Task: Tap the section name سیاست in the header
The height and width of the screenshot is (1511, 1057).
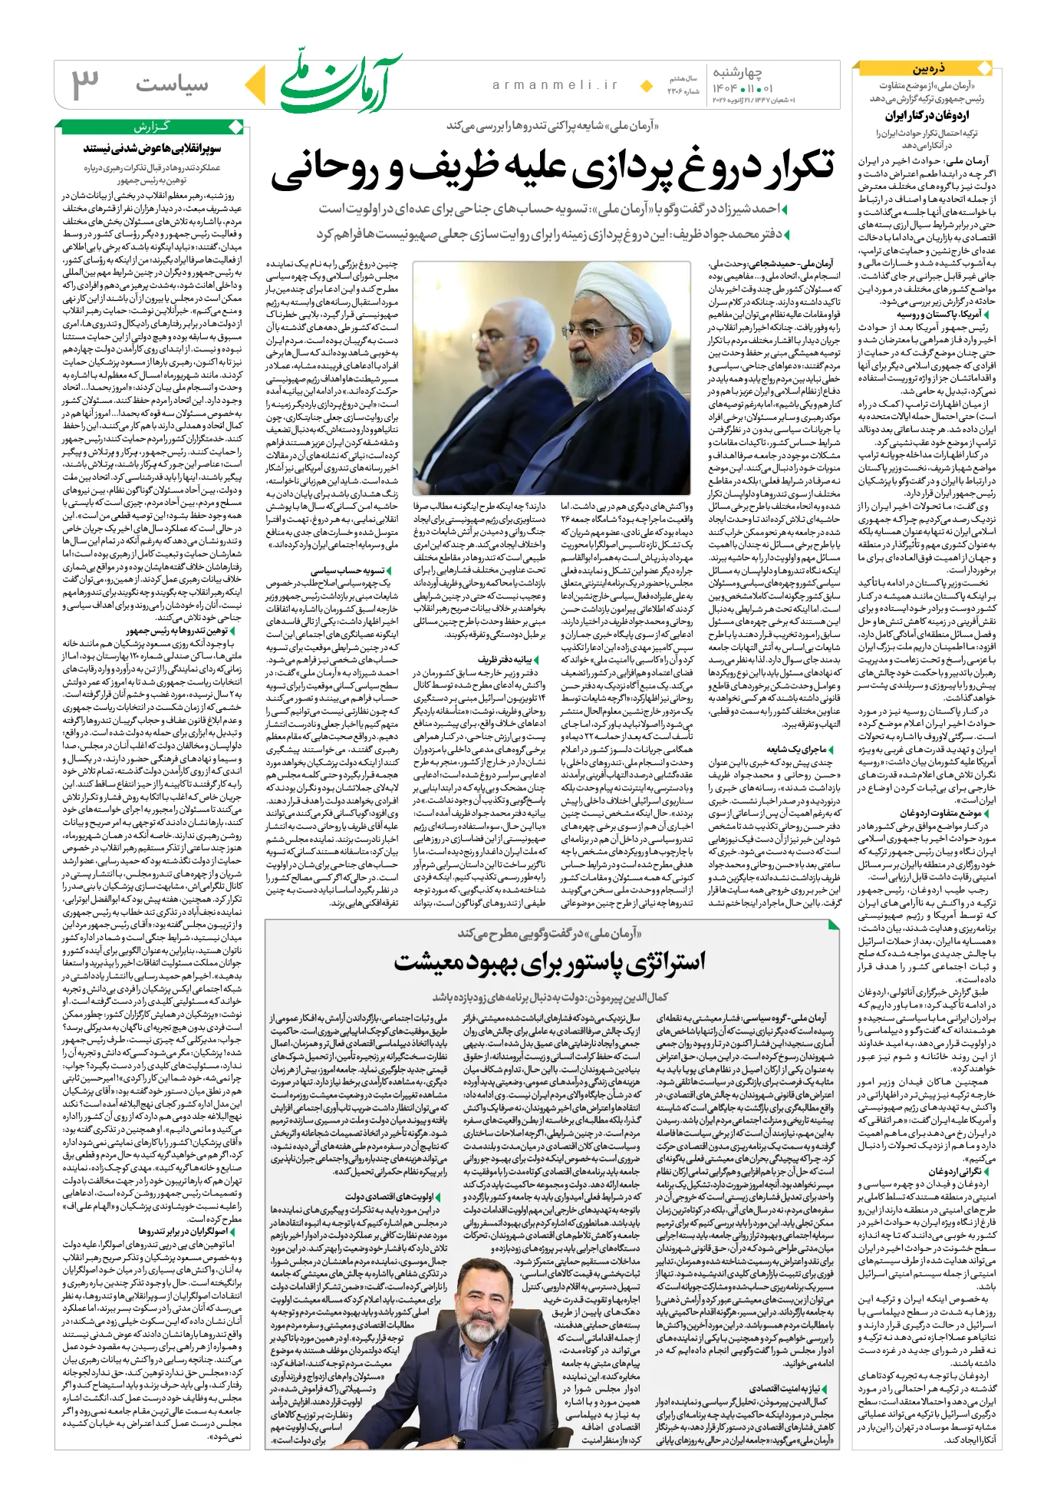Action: [x=173, y=84]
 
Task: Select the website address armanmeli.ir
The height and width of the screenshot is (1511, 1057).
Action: [x=555, y=85]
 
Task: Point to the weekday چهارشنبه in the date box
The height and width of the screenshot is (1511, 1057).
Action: [x=737, y=72]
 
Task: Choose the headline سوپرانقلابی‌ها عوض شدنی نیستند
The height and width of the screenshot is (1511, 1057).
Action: [x=152, y=148]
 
